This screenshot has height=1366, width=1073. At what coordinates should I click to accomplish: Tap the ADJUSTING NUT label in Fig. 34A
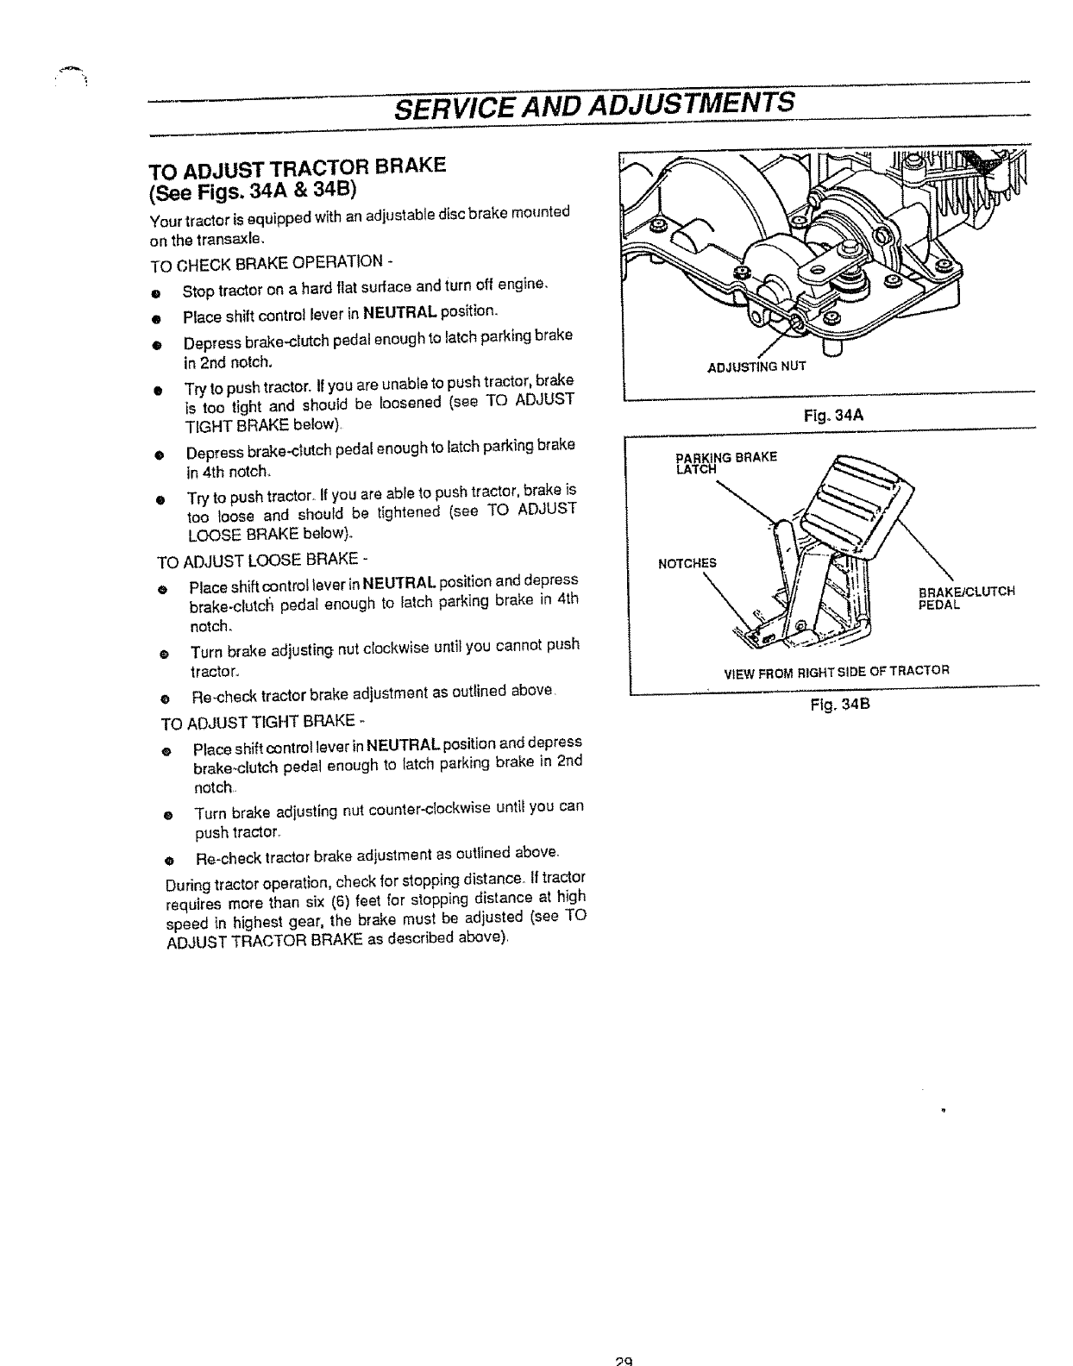click(x=756, y=367)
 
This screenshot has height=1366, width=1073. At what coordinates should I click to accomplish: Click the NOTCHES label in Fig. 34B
click(x=687, y=564)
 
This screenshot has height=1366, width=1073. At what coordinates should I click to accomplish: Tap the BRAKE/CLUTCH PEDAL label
click(x=966, y=598)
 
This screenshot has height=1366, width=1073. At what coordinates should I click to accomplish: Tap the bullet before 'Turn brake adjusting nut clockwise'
click(x=161, y=654)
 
